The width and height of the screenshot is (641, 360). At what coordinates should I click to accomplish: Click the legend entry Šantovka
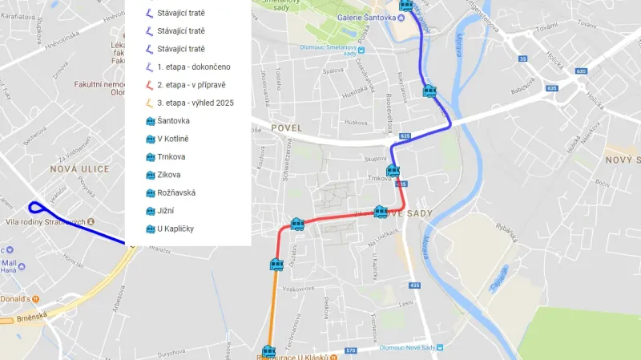click(173, 121)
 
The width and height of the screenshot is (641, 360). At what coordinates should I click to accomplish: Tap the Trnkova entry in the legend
click(171, 157)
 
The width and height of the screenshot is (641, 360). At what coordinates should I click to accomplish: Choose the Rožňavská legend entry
click(176, 193)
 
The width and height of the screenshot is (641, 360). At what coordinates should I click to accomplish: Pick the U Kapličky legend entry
click(175, 229)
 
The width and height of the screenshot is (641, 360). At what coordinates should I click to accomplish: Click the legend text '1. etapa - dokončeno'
click(193, 67)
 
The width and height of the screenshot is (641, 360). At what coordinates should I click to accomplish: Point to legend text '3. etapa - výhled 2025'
click(196, 103)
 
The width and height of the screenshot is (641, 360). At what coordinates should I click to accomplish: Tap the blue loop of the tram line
click(34, 208)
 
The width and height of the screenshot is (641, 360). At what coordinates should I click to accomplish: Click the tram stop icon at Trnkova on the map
click(393, 171)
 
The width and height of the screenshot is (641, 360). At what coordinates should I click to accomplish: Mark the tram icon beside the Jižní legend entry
click(149, 212)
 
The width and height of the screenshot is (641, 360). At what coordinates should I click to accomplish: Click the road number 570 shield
click(351, 350)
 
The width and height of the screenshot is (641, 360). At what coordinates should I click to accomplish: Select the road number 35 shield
click(522, 59)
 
